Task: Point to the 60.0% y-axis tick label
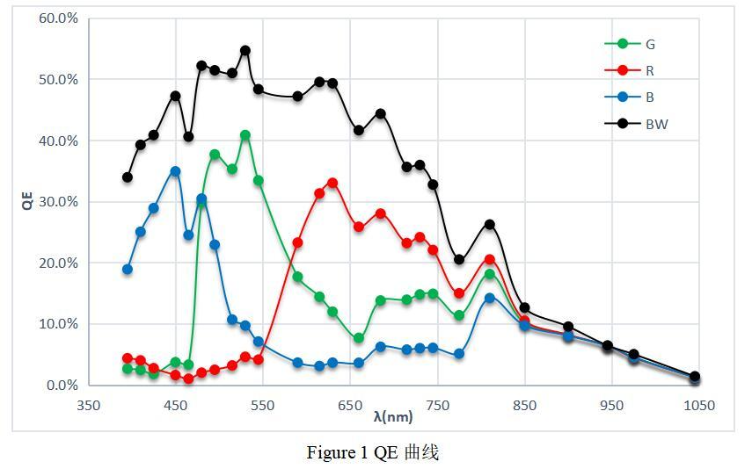pyautogui.click(x=58, y=18)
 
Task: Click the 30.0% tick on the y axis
pyautogui.click(x=58, y=202)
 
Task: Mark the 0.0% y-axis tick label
pyautogui.click(x=61, y=386)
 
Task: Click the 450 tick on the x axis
pyautogui.click(x=176, y=405)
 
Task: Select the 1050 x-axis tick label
pyautogui.click(x=699, y=405)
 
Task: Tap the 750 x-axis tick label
pyautogui.click(x=437, y=405)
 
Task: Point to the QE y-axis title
pyautogui.click(x=27, y=201)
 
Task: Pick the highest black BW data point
pyautogui.click(x=245, y=51)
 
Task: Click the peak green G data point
pyautogui.click(x=245, y=135)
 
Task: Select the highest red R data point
pyautogui.click(x=332, y=183)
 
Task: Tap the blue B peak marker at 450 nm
pyautogui.click(x=175, y=171)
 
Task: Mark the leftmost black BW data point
pyautogui.click(x=128, y=177)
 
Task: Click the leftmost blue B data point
pyautogui.click(x=128, y=270)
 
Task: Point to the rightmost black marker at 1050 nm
pyautogui.click(x=695, y=377)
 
